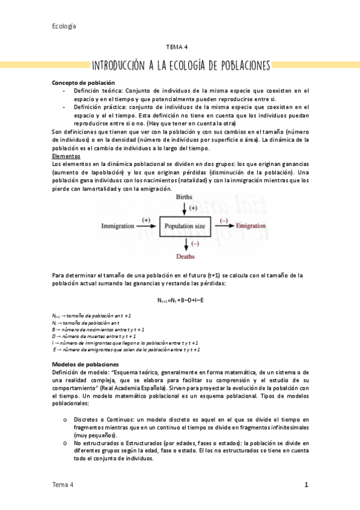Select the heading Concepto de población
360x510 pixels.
point(84,82)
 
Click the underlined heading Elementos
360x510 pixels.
point(66,156)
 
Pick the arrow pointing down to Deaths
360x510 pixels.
point(185,242)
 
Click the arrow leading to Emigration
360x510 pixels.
point(223,225)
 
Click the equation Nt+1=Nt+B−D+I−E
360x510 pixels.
point(180,300)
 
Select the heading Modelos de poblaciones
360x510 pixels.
point(85,364)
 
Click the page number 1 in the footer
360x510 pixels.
point(306,485)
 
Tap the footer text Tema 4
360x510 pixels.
point(63,485)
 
